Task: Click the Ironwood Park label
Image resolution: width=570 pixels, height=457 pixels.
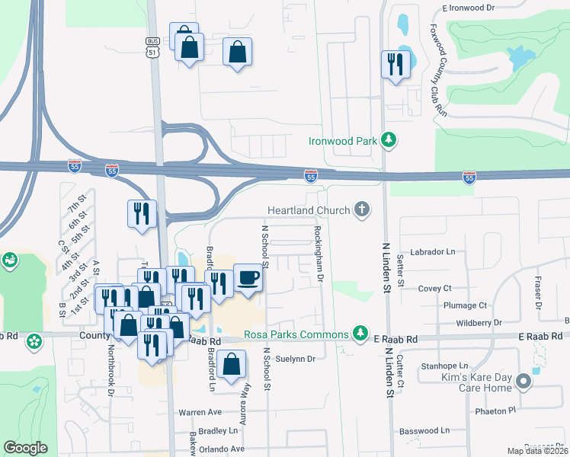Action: coord(343,141)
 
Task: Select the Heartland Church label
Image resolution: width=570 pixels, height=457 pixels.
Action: coord(309,209)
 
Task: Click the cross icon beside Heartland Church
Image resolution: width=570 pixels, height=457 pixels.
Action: coord(362,209)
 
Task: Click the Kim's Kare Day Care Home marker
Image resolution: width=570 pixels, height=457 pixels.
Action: coord(524,382)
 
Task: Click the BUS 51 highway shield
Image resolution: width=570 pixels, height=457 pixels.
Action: coord(153,46)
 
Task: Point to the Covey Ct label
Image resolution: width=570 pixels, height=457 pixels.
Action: coord(436,289)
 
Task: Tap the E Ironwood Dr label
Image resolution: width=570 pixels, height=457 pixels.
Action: coord(469,7)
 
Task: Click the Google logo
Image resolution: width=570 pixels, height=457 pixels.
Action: coord(25,448)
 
